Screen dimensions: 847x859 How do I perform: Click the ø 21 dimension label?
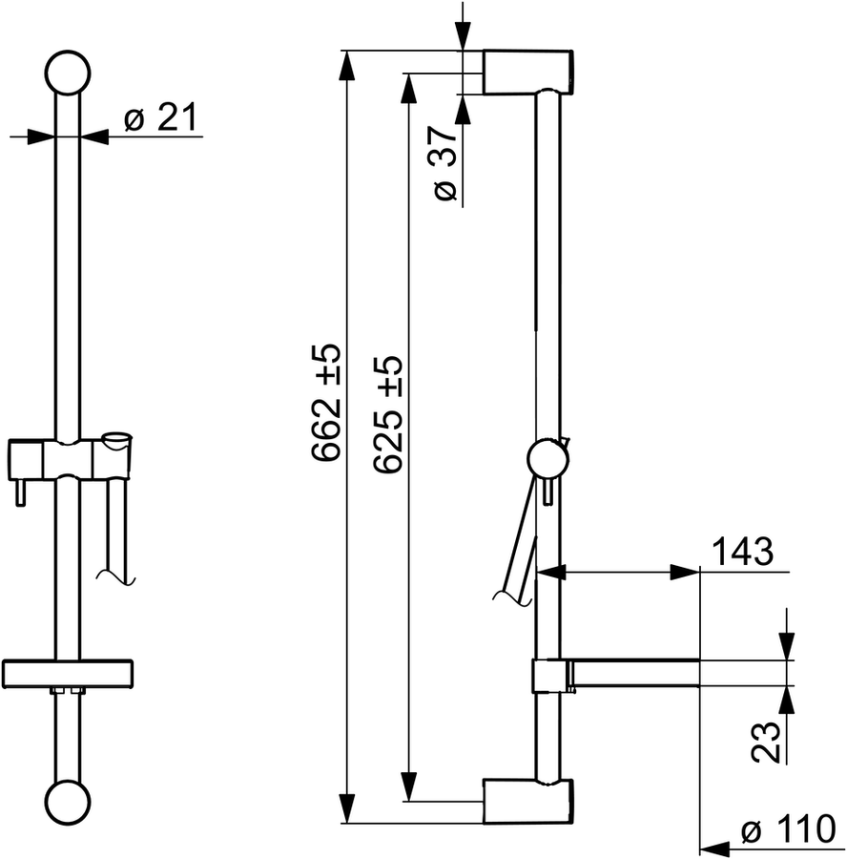click(160, 117)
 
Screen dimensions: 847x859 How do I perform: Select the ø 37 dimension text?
click(444, 163)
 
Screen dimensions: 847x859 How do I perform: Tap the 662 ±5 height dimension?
click(326, 403)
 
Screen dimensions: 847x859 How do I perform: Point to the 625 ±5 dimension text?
click(387, 414)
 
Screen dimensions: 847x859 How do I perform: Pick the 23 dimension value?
click(765, 743)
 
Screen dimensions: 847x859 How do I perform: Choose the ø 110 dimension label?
click(789, 830)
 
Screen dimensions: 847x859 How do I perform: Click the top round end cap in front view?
click(68, 73)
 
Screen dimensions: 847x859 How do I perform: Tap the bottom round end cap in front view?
click(67, 803)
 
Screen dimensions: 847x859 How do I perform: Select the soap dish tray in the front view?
click(68, 673)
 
